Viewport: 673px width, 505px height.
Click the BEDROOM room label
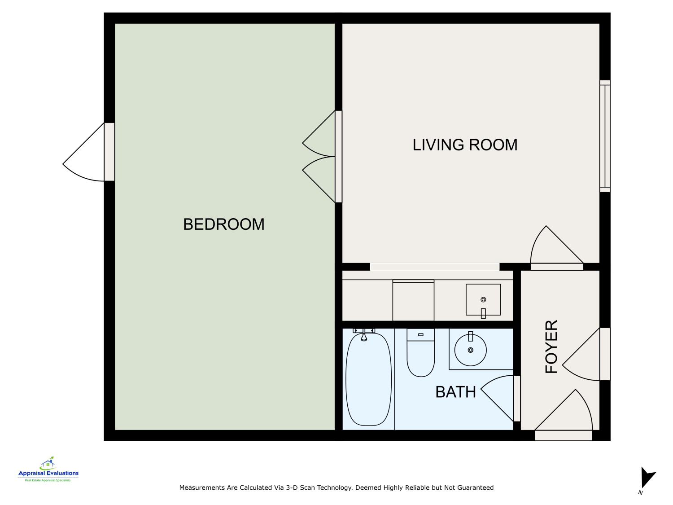[x=223, y=224]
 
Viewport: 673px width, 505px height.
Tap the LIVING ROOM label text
[x=465, y=145]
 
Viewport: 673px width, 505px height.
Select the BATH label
[x=455, y=392]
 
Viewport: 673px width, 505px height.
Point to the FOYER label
[x=551, y=347]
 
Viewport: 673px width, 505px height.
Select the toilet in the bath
[x=420, y=353]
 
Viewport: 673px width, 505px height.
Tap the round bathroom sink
[x=470, y=350]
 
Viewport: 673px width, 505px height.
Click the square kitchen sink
[x=483, y=300]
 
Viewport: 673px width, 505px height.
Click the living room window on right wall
[x=605, y=136]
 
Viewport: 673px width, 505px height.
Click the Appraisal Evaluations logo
[x=48, y=470]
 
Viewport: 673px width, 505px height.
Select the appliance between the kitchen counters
[x=413, y=300]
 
